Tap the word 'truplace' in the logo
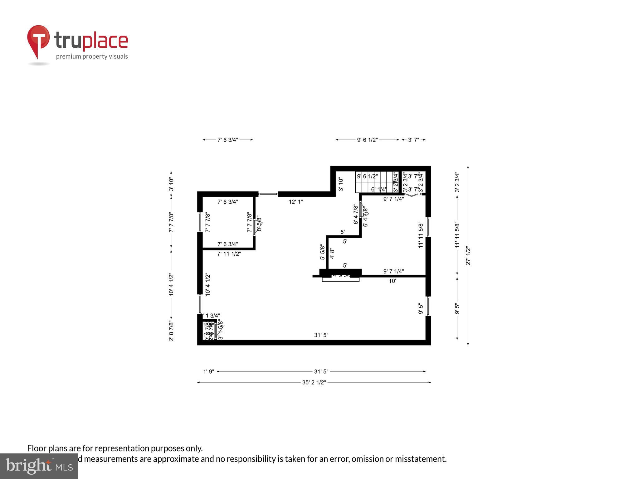pos(91,41)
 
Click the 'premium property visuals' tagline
pos(92,56)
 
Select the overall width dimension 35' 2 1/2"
pos(314,382)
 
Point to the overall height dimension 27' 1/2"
pos(468,256)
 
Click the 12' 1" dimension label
pos(295,202)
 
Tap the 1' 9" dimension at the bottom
pos(208,371)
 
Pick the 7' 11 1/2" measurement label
pos(229,254)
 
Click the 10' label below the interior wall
pos(392,281)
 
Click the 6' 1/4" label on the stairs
pos(379,189)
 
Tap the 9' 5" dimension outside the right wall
pos(457,309)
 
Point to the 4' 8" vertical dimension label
pos(332,253)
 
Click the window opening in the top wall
pos(268,194)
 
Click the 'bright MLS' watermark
pos(39,466)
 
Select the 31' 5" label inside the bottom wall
pos(321,335)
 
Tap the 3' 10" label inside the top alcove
pos(341,184)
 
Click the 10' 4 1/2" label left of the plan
pos(171,284)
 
